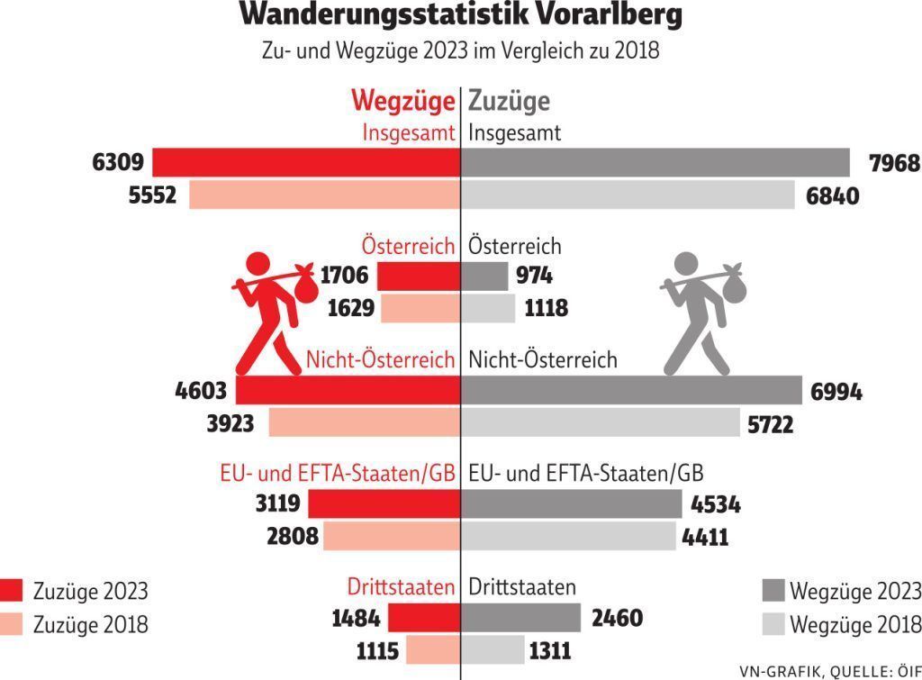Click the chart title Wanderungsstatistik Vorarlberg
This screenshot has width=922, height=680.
click(460, 15)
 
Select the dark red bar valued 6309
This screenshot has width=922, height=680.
click(306, 163)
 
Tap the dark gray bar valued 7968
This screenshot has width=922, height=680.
click(655, 163)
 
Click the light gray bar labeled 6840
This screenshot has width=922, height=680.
click(628, 195)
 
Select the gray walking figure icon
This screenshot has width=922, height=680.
click(697, 312)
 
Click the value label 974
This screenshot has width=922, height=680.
click(535, 277)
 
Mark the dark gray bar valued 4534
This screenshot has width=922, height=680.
click(572, 504)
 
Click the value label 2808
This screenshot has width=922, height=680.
click(293, 537)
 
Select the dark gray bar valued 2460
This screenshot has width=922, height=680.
click(521, 619)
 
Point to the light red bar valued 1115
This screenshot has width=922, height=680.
click(432, 650)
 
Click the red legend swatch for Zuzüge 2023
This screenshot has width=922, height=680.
click(12, 591)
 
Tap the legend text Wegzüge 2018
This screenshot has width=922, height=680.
click(855, 623)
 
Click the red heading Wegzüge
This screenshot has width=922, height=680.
click(402, 101)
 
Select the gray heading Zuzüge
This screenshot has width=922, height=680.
click(509, 101)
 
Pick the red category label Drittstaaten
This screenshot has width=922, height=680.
click(401, 588)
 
